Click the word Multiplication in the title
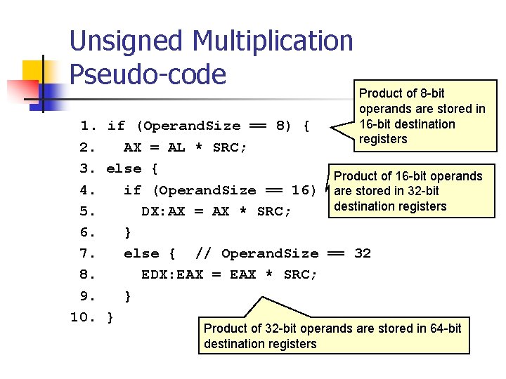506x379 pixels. [x=273, y=41]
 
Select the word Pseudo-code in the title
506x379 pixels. [x=148, y=74]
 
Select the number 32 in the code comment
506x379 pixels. [x=362, y=253]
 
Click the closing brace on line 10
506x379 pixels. [x=110, y=317]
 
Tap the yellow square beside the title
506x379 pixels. [x=35, y=72]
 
